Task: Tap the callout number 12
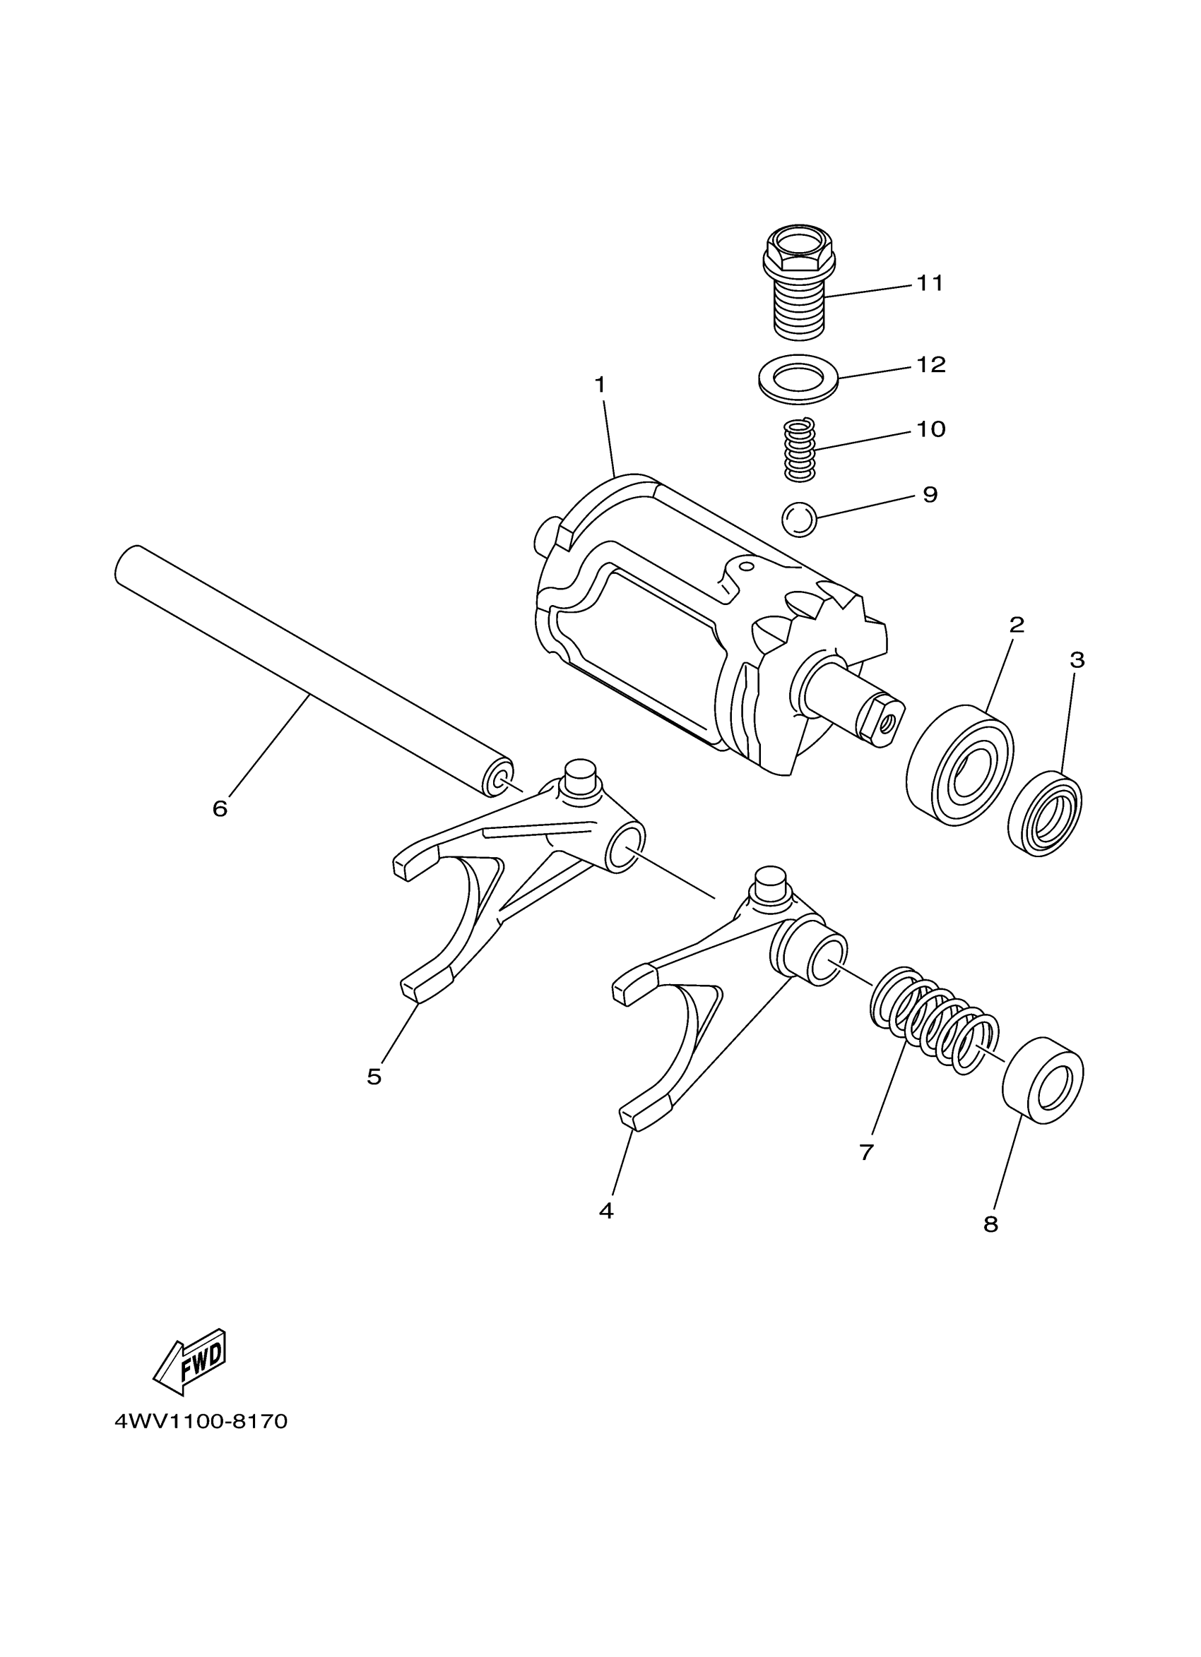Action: coord(930,364)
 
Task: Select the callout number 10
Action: coord(930,429)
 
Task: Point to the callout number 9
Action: coord(930,495)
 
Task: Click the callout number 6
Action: coord(220,808)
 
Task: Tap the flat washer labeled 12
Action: coord(799,378)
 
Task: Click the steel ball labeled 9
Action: coord(799,520)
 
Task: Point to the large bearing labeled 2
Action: coord(959,766)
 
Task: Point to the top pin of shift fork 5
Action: coord(581,772)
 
